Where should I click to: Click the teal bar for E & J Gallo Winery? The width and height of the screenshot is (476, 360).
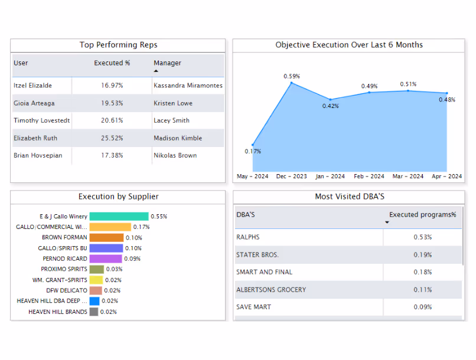[x=119, y=217]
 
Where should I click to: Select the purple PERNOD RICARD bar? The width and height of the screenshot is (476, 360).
[x=106, y=258]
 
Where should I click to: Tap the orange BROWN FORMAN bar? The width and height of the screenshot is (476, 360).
[x=106, y=238]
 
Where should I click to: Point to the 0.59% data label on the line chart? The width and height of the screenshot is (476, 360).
[x=292, y=76]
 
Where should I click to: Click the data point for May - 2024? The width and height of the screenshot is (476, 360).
[x=253, y=144]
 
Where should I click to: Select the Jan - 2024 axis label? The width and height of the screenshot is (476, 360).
[x=330, y=176]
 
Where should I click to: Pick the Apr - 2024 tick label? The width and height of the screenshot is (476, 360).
[x=446, y=176]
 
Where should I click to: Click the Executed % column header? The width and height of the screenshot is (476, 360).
[x=112, y=63]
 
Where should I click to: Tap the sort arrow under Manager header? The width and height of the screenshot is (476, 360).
[x=156, y=71]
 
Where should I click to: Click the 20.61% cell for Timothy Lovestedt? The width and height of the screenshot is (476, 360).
[x=112, y=120]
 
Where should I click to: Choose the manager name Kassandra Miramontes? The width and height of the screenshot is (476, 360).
[x=188, y=86]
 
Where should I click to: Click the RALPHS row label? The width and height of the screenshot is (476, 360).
[x=247, y=237]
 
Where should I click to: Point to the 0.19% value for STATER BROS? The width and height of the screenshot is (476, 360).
[x=422, y=255]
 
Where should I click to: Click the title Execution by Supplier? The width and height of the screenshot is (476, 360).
[x=118, y=197]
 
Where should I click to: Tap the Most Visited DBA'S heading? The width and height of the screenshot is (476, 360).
[x=349, y=197]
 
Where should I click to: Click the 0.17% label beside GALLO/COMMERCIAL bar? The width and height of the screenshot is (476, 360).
[x=141, y=227]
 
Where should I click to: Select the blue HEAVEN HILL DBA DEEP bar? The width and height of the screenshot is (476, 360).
[x=94, y=301]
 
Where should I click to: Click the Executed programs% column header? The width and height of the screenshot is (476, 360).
[x=422, y=215]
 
